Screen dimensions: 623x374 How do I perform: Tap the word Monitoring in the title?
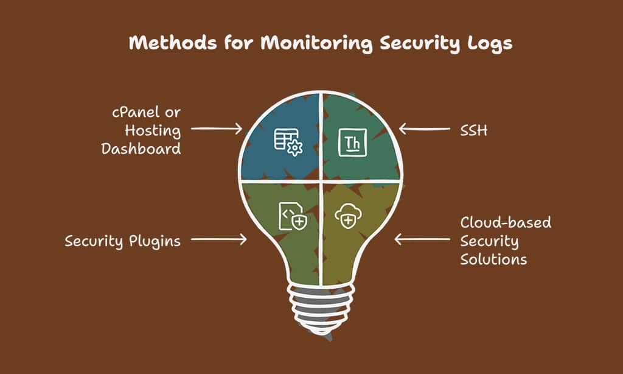(x=316, y=43)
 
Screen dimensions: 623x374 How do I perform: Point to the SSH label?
(x=473, y=130)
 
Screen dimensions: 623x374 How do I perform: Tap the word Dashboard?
(x=141, y=149)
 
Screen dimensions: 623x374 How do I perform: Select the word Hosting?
(x=153, y=131)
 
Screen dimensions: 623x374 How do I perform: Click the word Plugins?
(x=155, y=241)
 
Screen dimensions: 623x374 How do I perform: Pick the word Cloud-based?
(x=506, y=222)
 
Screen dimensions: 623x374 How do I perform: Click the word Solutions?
(x=493, y=259)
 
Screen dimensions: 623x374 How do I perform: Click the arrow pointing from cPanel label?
(x=217, y=129)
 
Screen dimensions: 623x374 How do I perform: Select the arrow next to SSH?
(x=424, y=129)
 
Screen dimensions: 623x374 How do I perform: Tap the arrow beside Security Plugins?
(x=219, y=239)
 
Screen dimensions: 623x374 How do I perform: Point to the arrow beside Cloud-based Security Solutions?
(x=422, y=239)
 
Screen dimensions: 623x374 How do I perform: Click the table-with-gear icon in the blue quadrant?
(x=288, y=142)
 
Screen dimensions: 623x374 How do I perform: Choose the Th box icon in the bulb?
(x=352, y=143)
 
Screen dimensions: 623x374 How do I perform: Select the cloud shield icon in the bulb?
(x=348, y=216)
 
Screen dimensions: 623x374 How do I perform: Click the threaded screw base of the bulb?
(x=321, y=308)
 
